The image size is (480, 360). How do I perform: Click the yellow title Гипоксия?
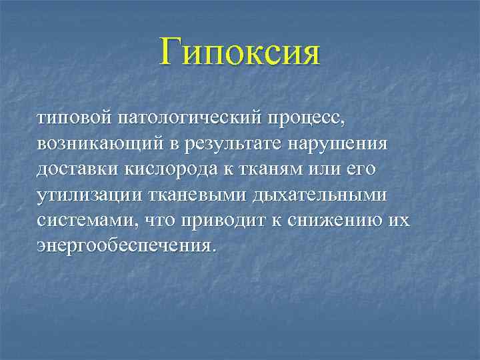(x=240, y=53)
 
